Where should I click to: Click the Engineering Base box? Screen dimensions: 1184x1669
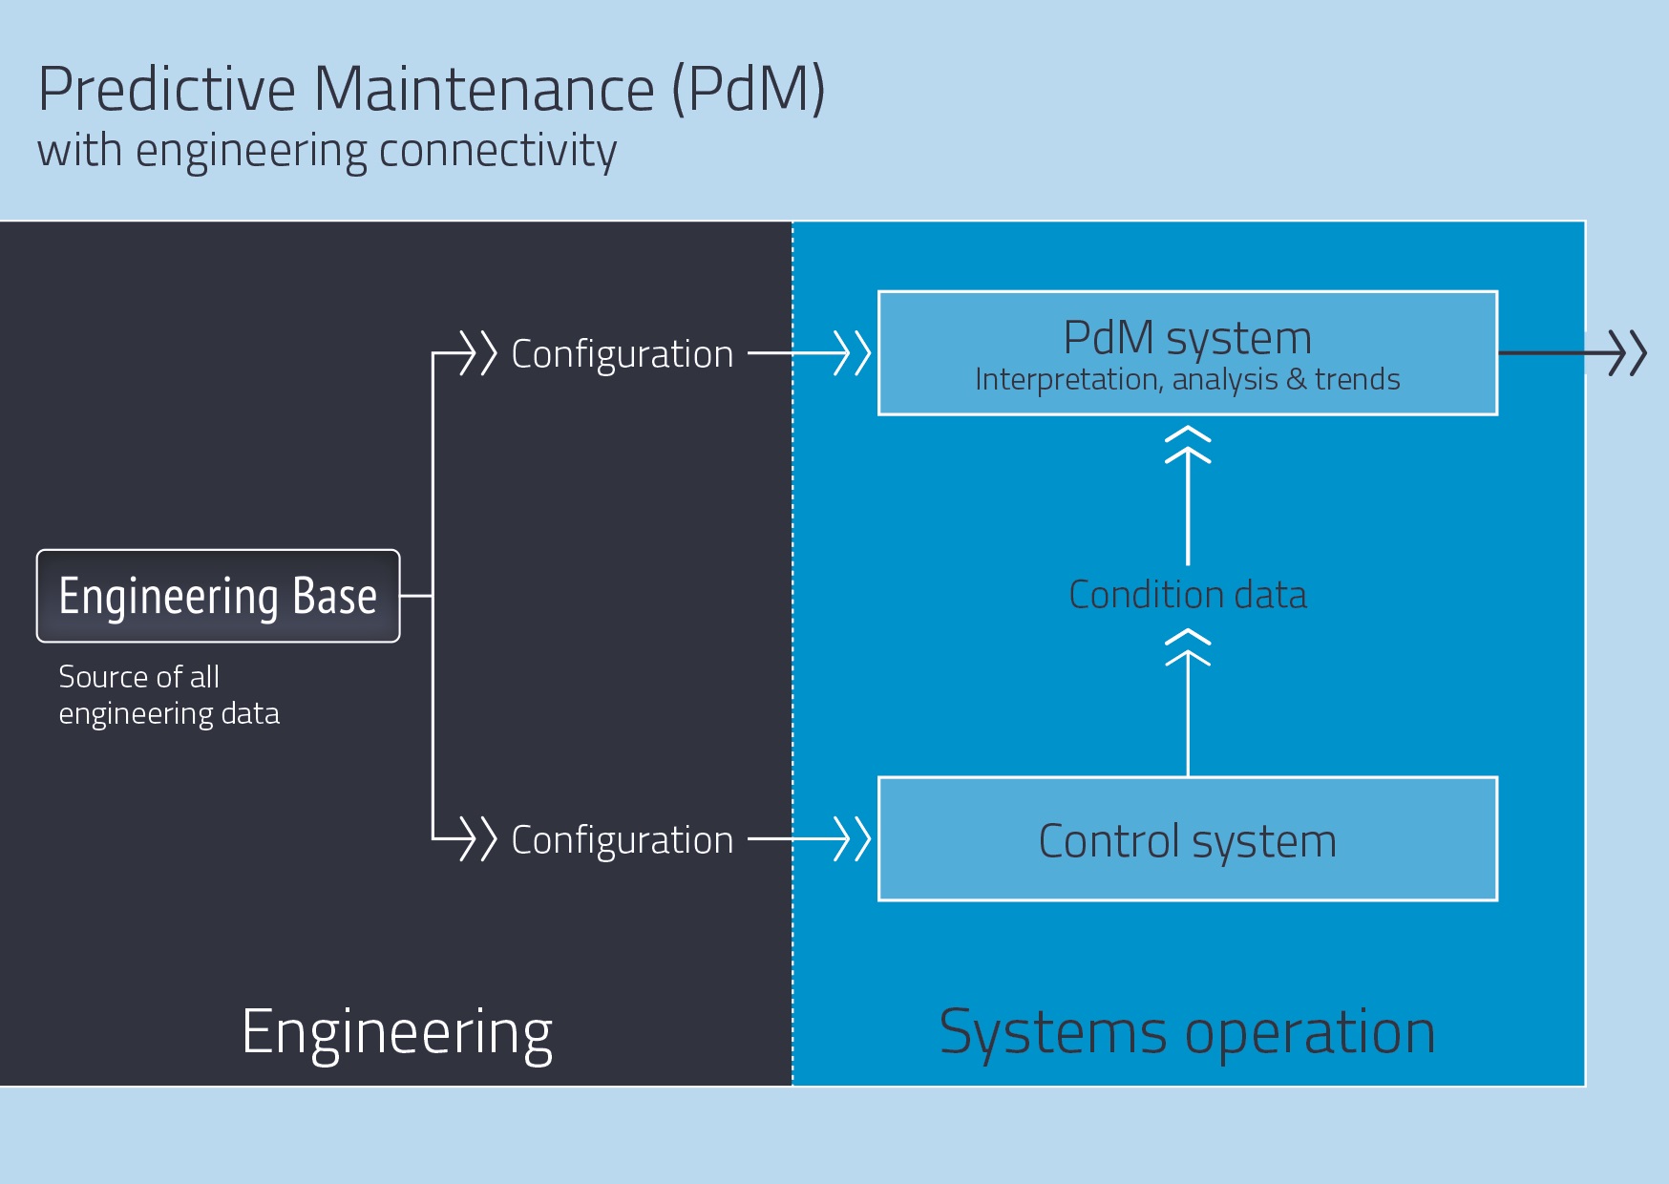point(218,596)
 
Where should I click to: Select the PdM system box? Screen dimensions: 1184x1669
point(1187,352)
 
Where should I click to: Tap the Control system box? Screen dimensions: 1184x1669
point(1187,839)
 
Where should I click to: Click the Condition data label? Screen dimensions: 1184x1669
point(1187,595)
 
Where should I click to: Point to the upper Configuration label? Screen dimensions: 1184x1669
point(623,354)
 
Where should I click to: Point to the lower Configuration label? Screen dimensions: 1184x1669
point(623,840)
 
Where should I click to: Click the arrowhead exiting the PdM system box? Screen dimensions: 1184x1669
point(1628,352)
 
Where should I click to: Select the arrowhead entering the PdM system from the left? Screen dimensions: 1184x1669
point(853,352)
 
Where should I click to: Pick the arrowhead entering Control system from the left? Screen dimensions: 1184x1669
point(853,838)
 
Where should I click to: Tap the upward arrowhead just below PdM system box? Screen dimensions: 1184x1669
point(1188,445)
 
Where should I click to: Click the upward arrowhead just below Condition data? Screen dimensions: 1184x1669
point(1188,647)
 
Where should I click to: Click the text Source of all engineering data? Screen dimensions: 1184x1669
point(169,695)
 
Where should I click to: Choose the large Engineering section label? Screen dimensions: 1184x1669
point(397,1032)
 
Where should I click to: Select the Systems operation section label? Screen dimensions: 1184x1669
point(1187,1032)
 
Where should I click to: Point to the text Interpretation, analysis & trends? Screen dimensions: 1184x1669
point(1187,380)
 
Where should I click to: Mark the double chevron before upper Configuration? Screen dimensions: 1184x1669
point(478,352)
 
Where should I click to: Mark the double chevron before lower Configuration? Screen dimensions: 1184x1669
point(478,838)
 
